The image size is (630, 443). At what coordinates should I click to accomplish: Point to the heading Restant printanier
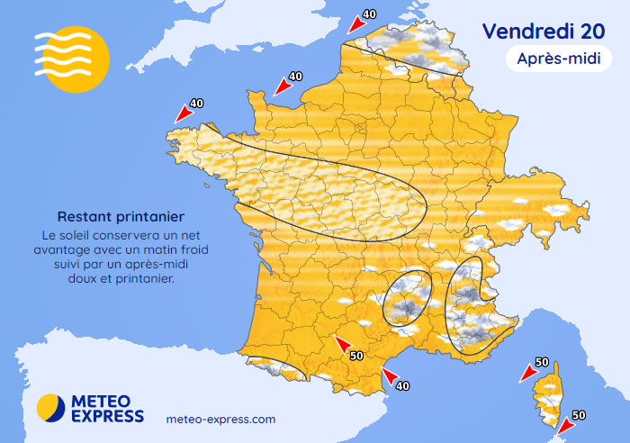(x=121, y=217)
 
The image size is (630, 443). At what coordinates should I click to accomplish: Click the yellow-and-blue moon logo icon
(x=51, y=408)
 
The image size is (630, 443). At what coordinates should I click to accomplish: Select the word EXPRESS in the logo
(x=107, y=416)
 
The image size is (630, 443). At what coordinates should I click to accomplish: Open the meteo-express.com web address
(x=221, y=420)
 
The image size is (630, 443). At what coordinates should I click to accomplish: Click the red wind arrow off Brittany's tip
(x=183, y=114)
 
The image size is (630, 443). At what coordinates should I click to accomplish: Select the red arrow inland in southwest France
(x=342, y=343)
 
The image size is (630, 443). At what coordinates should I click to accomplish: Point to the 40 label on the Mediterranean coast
(x=403, y=385)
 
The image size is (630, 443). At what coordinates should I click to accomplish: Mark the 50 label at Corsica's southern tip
(x=580, y=415)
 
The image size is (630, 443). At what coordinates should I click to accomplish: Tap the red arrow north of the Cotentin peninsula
(x=281, y=87)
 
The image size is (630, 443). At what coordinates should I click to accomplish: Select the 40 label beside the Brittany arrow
(x=197, y=104)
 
